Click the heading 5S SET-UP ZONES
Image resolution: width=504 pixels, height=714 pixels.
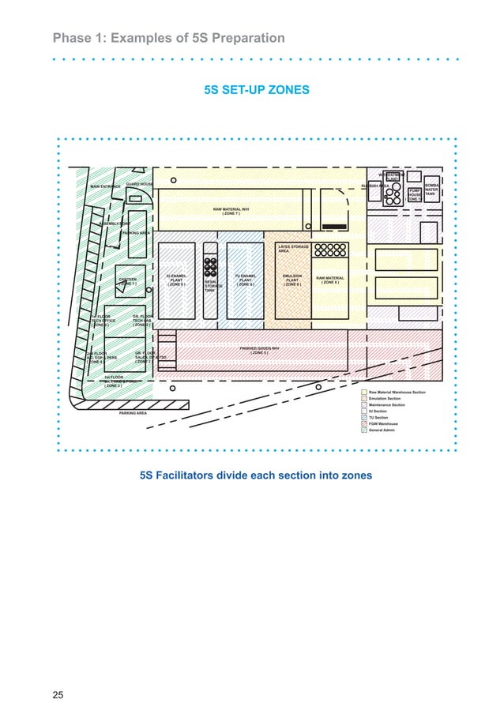point(257,91)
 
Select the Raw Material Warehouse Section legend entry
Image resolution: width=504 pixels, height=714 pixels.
point(397,393)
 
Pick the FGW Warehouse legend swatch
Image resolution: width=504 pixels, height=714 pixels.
point(364,424)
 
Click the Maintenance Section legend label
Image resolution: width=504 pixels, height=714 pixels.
point(386,405)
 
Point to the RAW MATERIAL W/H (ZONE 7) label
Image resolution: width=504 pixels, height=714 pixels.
point(231,211)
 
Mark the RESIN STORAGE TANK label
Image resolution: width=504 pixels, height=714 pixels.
point(211,285)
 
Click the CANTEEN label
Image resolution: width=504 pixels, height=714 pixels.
point(128,280)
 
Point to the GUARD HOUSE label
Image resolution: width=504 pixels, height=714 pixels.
point(139,183)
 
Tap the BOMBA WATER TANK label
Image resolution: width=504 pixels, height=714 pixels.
point(432,190)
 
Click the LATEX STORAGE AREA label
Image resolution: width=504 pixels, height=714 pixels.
point(293,249)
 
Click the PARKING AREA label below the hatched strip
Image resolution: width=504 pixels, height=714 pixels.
point(133,413)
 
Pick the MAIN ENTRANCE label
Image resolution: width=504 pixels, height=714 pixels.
point(105,186)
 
